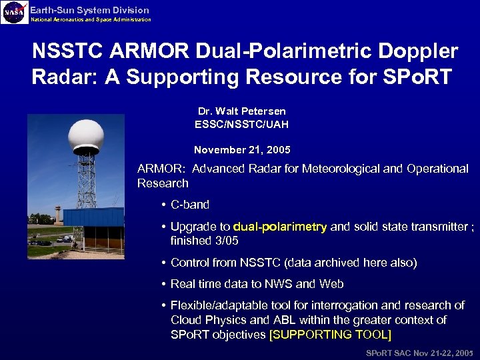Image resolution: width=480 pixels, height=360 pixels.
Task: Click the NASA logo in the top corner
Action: (x=14, y=12)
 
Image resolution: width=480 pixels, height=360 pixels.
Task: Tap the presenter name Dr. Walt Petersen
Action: (x=241, y=111)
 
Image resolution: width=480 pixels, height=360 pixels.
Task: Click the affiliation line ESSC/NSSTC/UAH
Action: (x=241, y=124)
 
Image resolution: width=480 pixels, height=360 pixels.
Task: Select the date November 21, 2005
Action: (x=241, y=150)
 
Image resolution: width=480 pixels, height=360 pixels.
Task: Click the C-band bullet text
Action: (x=190, y=205)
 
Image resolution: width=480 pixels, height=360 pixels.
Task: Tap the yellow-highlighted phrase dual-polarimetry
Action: (x=280, y=227)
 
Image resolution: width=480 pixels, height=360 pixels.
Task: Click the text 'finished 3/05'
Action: (x=204, y=241)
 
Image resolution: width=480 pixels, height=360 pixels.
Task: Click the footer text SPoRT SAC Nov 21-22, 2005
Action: (x=419, y=351)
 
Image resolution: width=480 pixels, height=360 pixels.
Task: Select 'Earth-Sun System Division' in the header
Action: (x=89, y=10)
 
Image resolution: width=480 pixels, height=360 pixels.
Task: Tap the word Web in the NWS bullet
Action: (x=331, y=284)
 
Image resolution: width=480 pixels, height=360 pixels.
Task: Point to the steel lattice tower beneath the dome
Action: (x=87, y=180)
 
